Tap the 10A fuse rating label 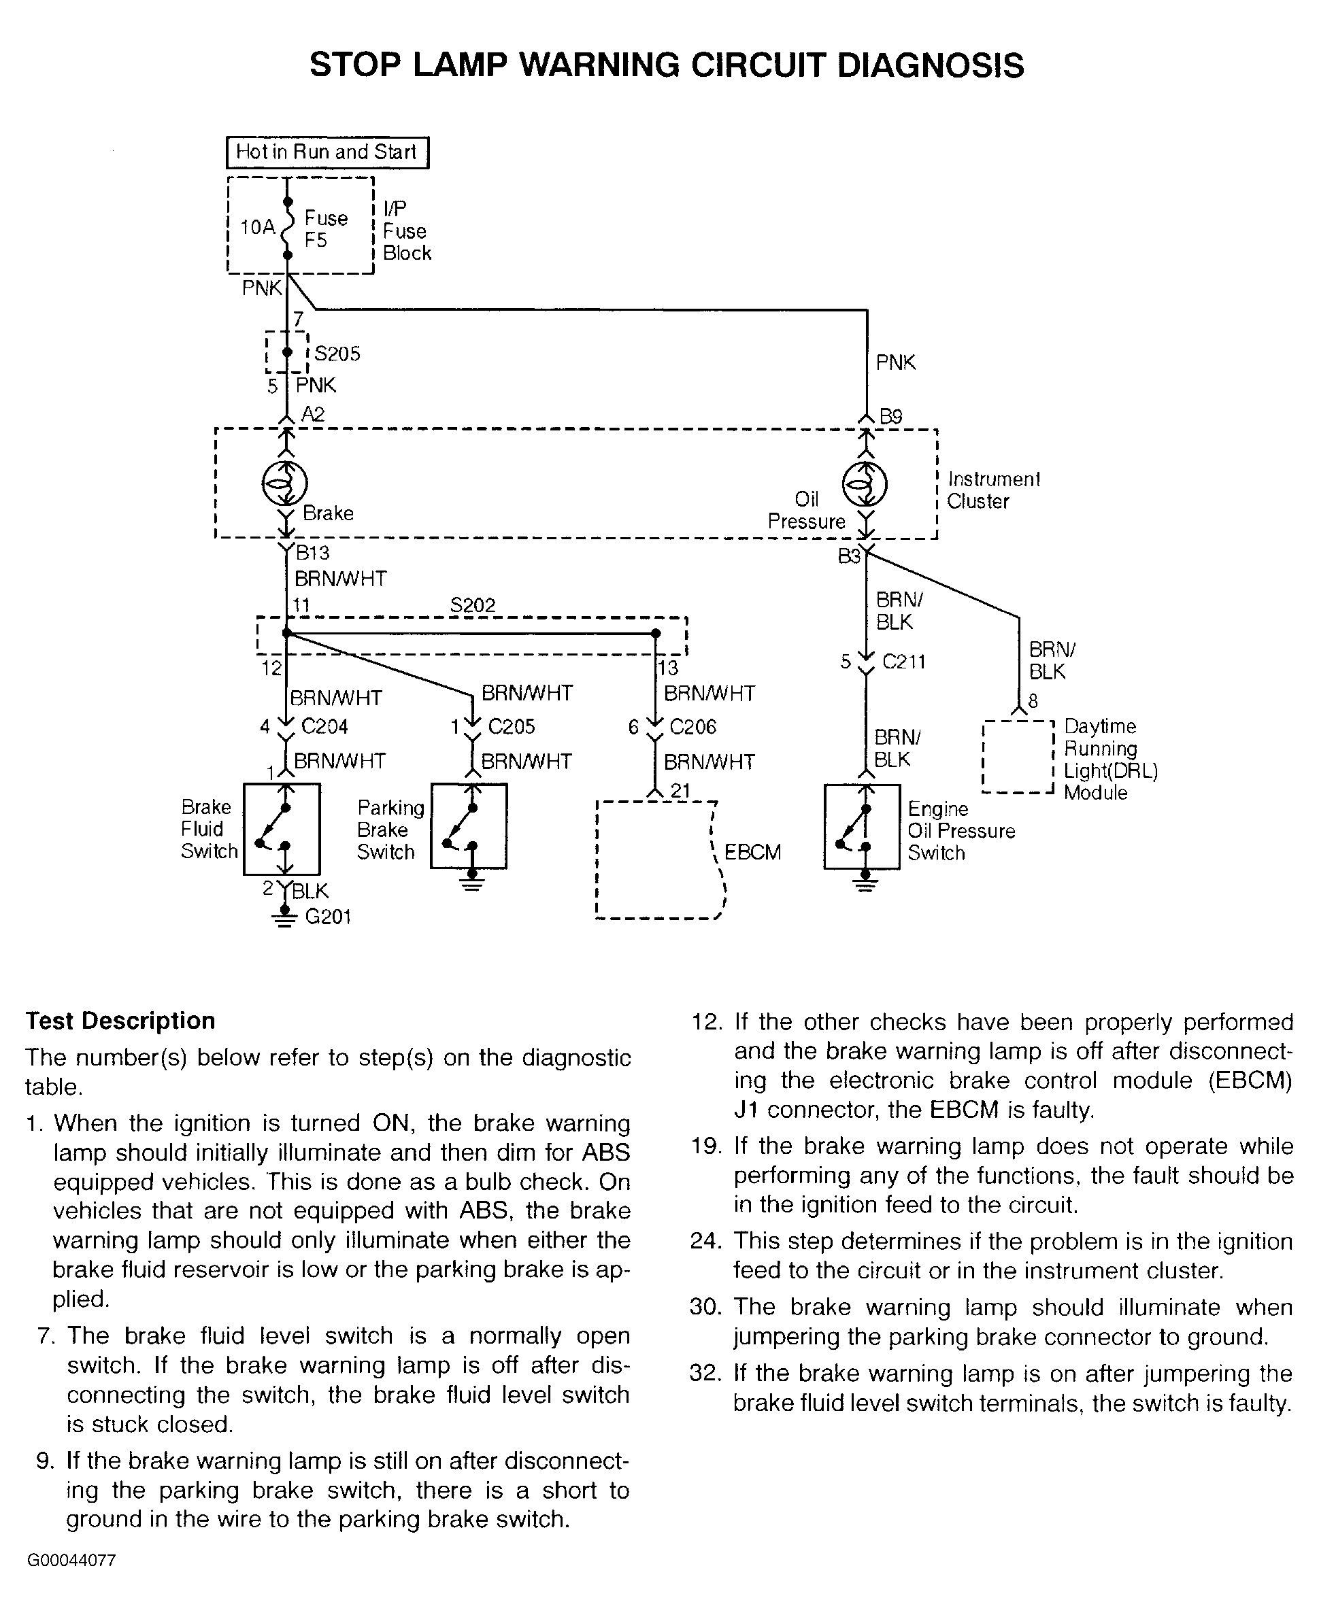258,227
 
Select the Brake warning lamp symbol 285,483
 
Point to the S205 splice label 337,354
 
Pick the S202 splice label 473,605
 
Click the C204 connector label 324,727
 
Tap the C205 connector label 512,727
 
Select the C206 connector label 693,727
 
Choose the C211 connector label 904,662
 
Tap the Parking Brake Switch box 469,825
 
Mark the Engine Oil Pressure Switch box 863,826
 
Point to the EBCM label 752,852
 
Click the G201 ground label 329,917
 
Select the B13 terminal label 312,552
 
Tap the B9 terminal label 890,416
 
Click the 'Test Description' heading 120,1021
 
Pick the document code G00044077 71,1561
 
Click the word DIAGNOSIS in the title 931,65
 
